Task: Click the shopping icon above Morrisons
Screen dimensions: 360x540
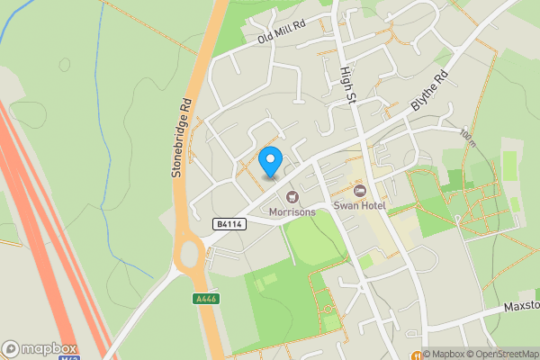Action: click(292, 196)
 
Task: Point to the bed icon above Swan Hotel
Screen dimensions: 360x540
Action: click(360, 191)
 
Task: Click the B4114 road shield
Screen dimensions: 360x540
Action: click(230, 223)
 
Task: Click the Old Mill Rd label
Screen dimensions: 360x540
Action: click(283, 34)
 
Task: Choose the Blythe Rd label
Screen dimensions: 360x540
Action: click(429, 91)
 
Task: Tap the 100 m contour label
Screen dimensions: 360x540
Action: click(466, 136)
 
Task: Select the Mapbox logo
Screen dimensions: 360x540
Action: click(39, 348)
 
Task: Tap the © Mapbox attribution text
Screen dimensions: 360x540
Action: click(445, 353)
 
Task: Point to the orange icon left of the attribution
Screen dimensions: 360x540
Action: click(416, 354)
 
